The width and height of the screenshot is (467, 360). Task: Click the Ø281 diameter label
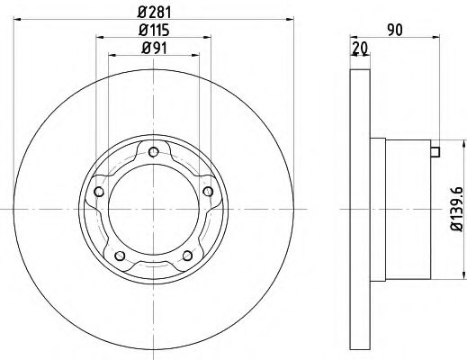pos(154,13)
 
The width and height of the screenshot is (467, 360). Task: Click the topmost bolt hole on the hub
pos(154,150)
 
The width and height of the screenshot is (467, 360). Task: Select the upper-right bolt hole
pos(209,191)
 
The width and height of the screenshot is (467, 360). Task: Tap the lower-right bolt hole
pos(187,256)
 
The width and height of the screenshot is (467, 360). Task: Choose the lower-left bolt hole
pos(120,256)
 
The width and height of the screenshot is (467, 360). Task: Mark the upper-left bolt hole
pos(99,191)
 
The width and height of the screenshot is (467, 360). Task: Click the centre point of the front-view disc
pos(154,211)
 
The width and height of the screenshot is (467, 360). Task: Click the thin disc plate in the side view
pos(359,211)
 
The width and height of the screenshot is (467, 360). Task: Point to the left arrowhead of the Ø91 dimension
pos(112,55)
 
